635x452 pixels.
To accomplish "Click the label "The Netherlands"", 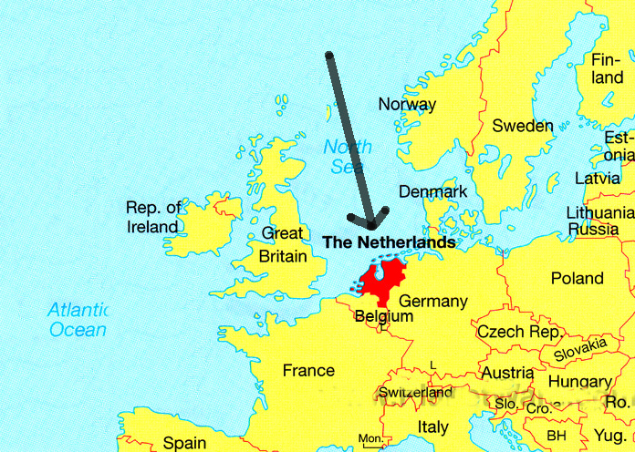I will pyautogui.click(x=390, y=242).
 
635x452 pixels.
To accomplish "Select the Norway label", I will pyautogui.click(x=408, y=104).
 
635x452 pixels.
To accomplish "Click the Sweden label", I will pyautogui.click(x=523, y=126).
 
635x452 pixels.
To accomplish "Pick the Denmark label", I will pyautogui.click(x=432, y=191).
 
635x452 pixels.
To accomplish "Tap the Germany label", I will pyautogui.click(x=433, y=301).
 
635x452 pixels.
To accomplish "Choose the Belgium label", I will pyautogui.click(x=383, y=316).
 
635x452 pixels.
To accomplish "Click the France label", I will pyautogui.click(x=308, y=370).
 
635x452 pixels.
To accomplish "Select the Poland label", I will pyautogui.click(x=577, y=278).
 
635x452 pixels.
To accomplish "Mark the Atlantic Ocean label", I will pyautogui.click(x=78, y=319).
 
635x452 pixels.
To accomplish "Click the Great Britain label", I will pyautogui.click(x=283, y=245).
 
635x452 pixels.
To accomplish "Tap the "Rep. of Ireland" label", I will pyautogui.click(x=153, y=217).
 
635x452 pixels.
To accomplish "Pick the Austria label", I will pyautogui.click(x=507, y=373).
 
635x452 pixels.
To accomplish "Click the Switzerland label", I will pyautogui.click(x=415, y=393).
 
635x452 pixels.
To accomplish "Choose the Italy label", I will pyautogui.click(x=432, y=426).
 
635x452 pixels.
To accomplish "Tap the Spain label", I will pyautogui.click(x=184, y=443).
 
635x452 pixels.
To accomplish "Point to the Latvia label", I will pyautogui.click(x=598, y=178).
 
